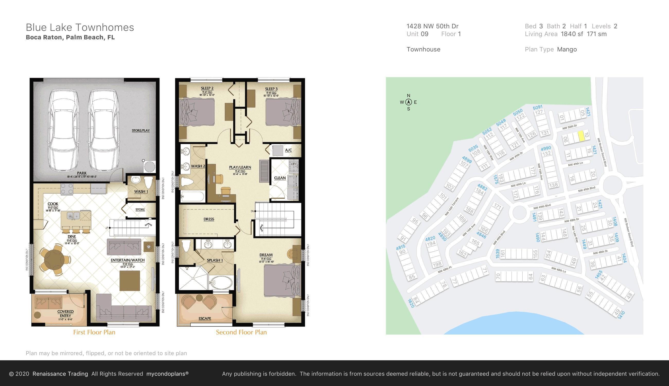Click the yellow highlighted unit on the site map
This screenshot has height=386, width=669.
coord(581,136)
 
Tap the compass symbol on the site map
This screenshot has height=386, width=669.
coord(408,102)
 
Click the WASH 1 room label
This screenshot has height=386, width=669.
coord(141,191)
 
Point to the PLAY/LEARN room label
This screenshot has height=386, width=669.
coord(240,167)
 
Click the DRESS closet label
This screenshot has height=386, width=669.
coord(209,219)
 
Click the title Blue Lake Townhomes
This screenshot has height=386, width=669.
coord(80,28)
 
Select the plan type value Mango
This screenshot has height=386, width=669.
coord(567,49)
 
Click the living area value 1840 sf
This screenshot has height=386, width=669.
coord(572,34)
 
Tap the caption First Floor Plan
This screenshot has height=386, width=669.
coord(94,332)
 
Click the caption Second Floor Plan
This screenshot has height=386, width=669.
coord(241,332)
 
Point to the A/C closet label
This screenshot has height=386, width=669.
coord(288,150)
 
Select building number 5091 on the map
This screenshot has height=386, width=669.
coord(538,107)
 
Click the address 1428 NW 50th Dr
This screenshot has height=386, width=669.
coord(432,26)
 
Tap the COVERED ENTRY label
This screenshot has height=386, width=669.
coord(65,314)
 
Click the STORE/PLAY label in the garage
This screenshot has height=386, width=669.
coord(141,130)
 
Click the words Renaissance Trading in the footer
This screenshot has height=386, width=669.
coord(60,374)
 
